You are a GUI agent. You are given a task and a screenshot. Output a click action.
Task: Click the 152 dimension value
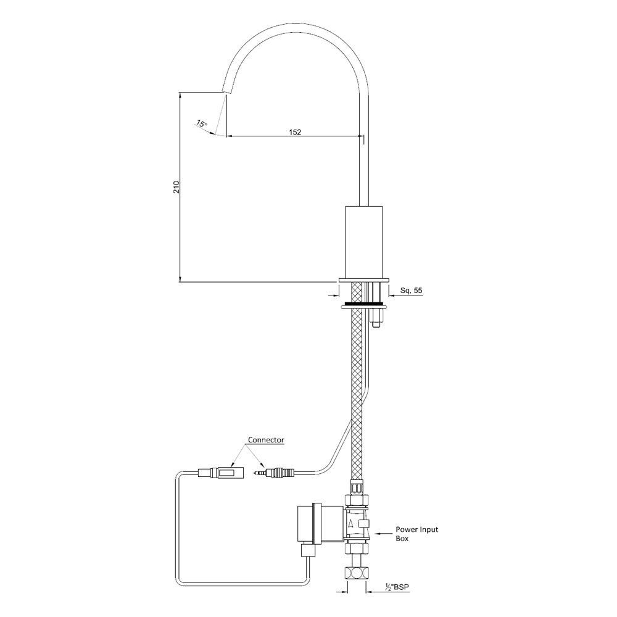[294, 131]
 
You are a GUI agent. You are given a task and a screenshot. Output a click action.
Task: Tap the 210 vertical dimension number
[176, 187]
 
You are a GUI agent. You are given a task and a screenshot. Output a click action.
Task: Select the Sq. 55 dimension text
[410, 289]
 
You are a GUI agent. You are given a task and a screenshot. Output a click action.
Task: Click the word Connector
[266, 440]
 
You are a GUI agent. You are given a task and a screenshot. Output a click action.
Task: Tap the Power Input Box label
[416, 534]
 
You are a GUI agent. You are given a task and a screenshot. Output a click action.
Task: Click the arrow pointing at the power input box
[385, 530]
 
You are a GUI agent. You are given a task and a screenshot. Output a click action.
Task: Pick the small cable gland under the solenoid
[307, 549]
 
